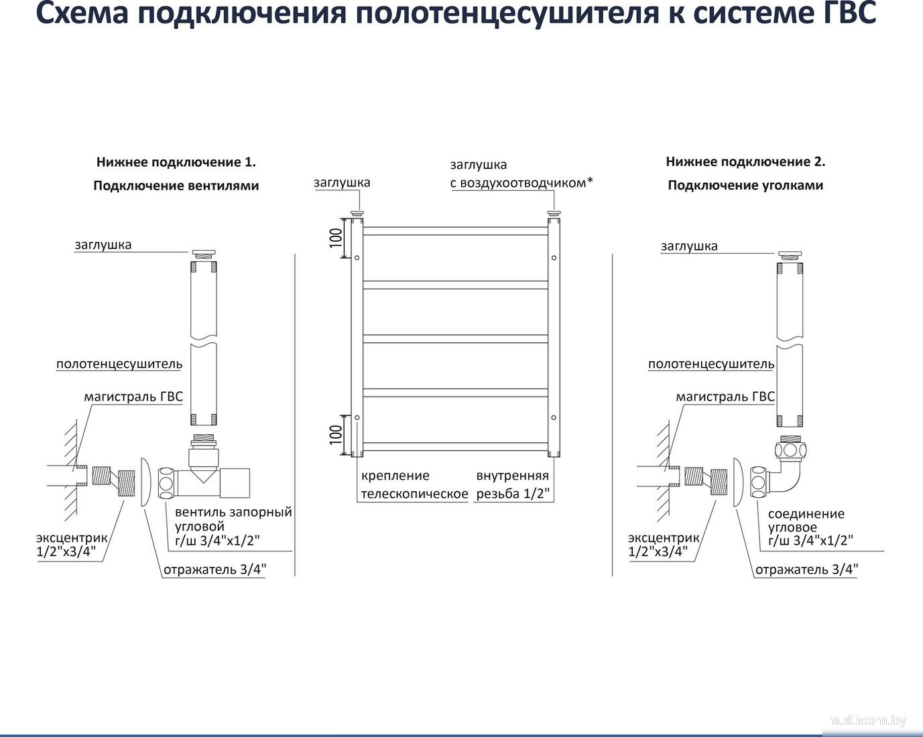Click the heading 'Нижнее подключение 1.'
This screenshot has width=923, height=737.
point(176,162)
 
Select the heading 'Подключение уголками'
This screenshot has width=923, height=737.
point(745,186)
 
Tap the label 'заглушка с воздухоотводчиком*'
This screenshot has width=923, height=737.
point(521,174)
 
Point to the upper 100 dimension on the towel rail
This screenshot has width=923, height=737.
point(336,238)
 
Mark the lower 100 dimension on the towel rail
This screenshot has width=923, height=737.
point(336,434)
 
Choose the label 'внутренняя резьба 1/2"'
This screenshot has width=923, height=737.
point(513,485)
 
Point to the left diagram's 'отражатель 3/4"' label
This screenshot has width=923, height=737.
point(214,570)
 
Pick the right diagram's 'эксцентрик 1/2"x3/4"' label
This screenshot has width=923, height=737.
point(663,545)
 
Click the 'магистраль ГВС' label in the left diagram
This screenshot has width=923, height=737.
point(133,397)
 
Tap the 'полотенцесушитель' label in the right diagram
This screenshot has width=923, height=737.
point(711,364)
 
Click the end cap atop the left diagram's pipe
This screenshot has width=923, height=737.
point(203,254)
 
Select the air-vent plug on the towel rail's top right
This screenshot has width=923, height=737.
point(554,214)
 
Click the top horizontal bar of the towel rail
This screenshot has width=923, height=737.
point(456,231)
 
